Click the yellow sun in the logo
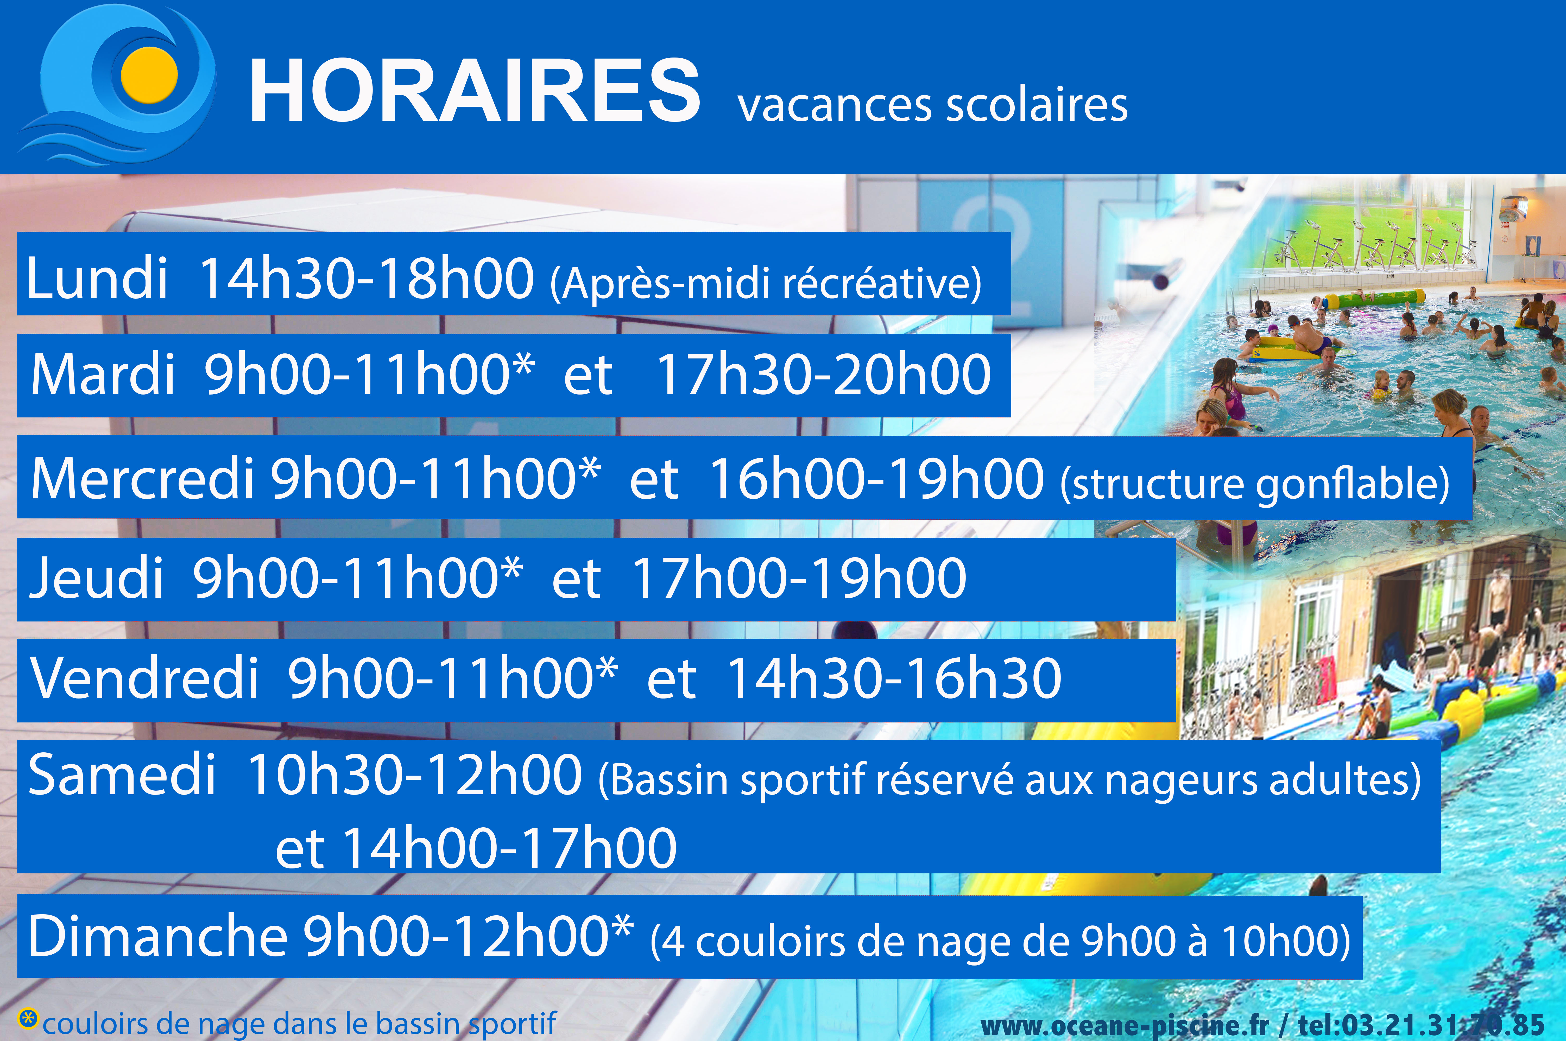point(149,75)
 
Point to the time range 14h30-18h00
point(367,278)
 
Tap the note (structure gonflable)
point(1255,483)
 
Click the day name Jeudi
point(96,577)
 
